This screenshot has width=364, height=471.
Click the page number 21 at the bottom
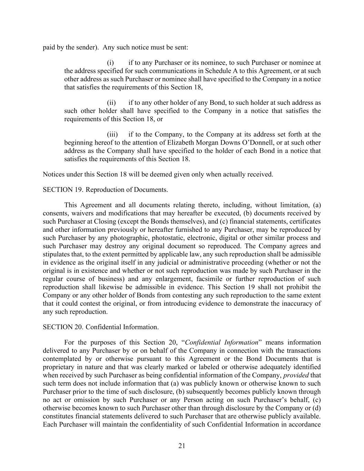point(182,446)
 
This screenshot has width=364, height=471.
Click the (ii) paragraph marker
point(111,103)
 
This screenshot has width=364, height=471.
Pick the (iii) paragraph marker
point(112,135)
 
